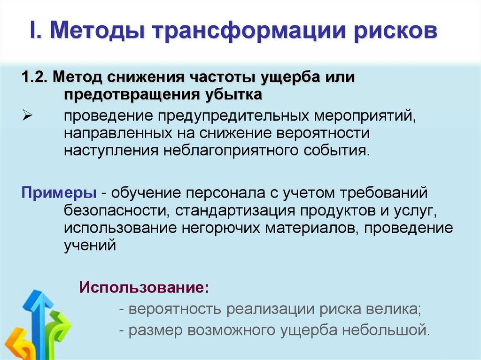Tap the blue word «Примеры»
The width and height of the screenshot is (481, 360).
click(x=58, y=192)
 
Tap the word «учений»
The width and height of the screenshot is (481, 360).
click(x=90, y=245)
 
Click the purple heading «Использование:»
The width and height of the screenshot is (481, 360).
click(x=144, y=287)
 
